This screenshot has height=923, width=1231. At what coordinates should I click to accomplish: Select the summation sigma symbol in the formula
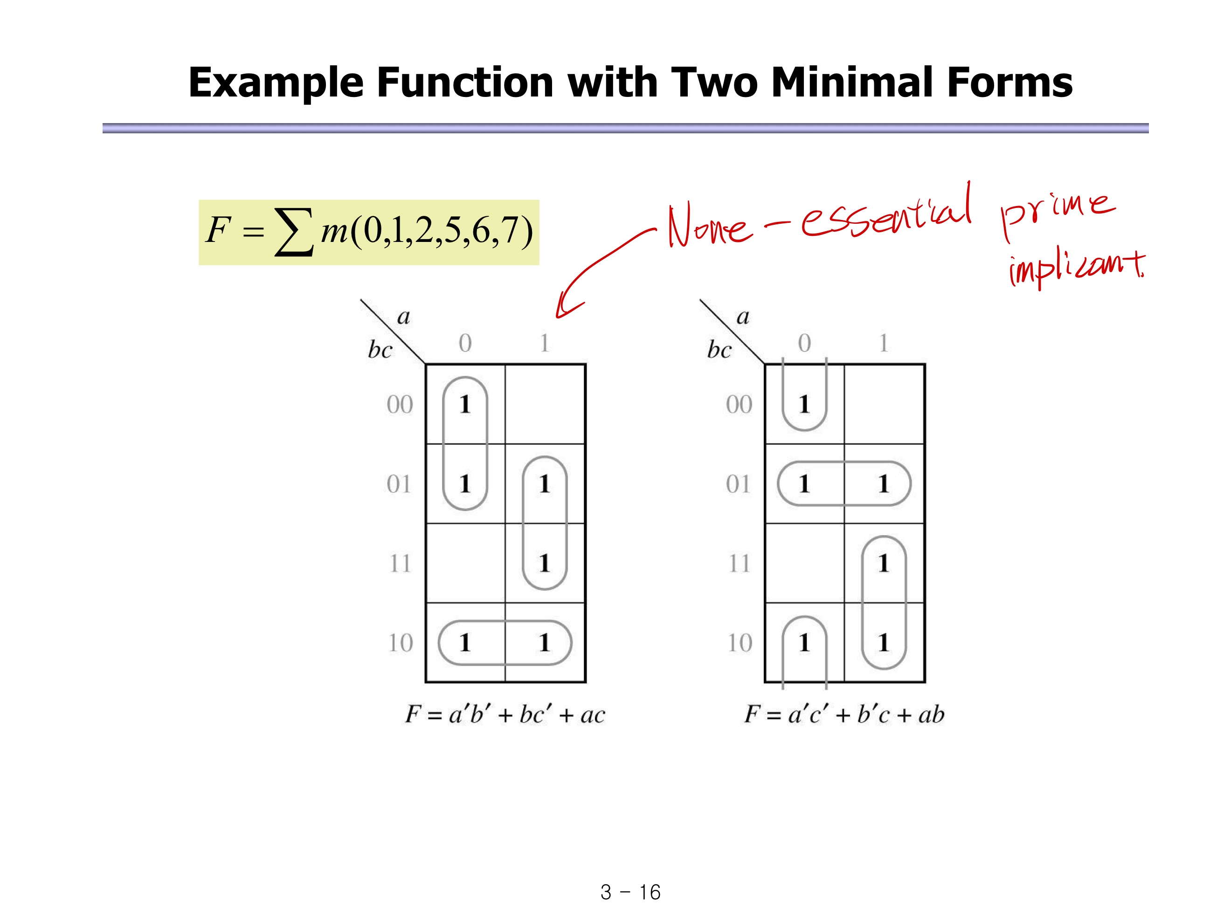coord(294,232)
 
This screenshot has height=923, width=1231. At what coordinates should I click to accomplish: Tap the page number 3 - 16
coord(630,892)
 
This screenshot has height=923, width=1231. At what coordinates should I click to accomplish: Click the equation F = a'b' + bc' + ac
coord(505,714)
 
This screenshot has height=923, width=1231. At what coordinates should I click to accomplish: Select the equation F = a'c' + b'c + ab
coord(844,714)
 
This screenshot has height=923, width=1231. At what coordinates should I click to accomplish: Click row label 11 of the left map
coord(400,564)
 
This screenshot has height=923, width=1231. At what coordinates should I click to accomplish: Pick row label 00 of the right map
coord(739,405)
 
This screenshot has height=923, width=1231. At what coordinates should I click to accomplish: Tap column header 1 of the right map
coord(883,343)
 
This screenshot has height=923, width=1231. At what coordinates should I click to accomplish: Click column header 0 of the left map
coord(465,343)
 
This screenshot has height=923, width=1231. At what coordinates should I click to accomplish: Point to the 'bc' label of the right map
coord(719,350)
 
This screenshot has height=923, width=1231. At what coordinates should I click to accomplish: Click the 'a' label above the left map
coord(403,317)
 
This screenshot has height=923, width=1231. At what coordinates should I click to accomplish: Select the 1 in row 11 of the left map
coord(544,564)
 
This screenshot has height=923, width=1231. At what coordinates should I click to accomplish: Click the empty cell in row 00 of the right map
coord(884,405)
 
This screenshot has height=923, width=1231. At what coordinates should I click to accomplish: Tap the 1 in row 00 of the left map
coord(465,405)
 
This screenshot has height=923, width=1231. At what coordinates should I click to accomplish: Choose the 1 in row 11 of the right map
coord(883,564)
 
